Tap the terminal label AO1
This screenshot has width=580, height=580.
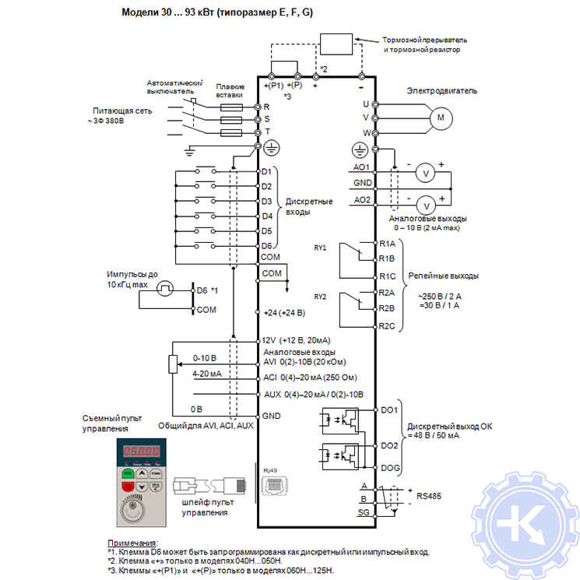pos(362,167)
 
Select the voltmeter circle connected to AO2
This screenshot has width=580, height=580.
pos(425,205)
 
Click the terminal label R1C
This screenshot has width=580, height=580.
pos(388,276)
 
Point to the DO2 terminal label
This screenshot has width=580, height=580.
pos(389,445)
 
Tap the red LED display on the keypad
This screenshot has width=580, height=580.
pos(139,452)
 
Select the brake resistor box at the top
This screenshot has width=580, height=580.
pos(337,44)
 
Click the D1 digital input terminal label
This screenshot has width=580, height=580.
pos(266,171)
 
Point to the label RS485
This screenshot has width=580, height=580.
pos(430,494)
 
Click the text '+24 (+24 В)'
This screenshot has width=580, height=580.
pos(284,312)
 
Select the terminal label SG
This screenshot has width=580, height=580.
pos(364,514)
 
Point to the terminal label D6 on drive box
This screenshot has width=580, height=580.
pos(266,246)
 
